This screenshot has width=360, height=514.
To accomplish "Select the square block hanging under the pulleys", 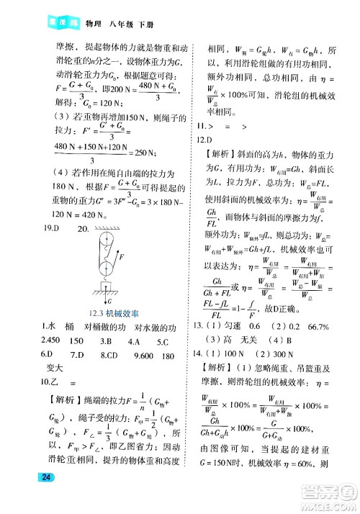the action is (x=107, y=286).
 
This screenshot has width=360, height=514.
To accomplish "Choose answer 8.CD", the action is (x=109, y=354).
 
